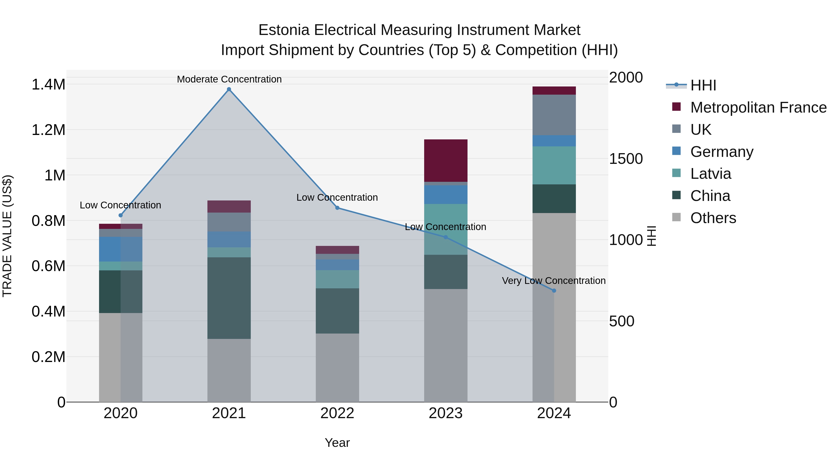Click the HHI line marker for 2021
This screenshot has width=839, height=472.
pos(229,89)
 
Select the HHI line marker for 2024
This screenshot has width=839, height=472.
pos(554,291)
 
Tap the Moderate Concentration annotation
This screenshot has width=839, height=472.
pos(229,79)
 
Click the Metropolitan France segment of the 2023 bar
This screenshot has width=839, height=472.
pos(446,161)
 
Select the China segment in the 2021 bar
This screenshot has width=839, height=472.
pos(229,298)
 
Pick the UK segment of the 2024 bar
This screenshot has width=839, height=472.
pos(554,115)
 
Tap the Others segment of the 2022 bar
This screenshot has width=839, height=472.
pos(337,367)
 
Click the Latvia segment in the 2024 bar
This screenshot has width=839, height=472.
pos(554,165)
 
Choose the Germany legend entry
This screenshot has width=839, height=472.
pos(721,152)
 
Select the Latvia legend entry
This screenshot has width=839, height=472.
pos(710,174)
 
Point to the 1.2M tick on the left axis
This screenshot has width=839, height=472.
pos(48,130)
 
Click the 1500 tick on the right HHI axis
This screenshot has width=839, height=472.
pos(626,159)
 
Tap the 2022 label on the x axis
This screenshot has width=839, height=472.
pos(337,413)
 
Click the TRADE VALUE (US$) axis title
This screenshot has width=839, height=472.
pos(7,236)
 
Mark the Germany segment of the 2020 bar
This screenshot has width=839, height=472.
pos(120,249)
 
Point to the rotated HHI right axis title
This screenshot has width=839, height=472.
pos(651,236)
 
